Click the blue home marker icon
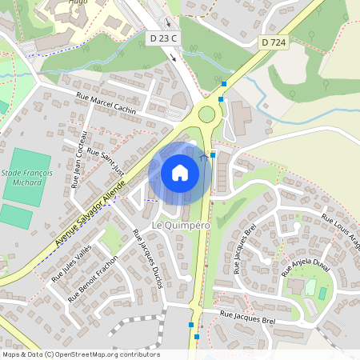[180, 173]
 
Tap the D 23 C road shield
[164, 38]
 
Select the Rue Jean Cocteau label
[78, 158]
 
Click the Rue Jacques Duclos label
[148, 258]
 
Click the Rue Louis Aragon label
[342, 233]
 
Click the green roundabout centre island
[207, 114]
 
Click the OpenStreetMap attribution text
[81, 354]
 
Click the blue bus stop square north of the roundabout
[224, 83]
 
